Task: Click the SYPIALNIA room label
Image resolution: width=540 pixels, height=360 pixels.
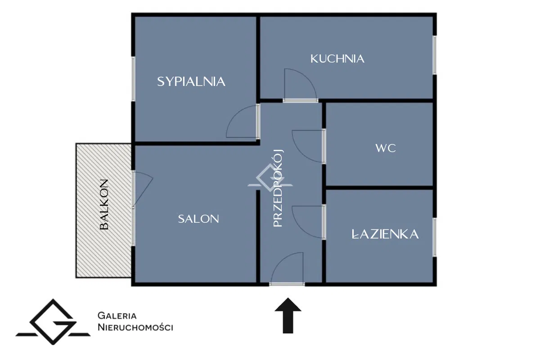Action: pos(191,82)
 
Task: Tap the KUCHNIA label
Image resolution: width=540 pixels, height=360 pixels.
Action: pos(337,59)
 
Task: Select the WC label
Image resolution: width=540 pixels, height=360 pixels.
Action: pos(386,148)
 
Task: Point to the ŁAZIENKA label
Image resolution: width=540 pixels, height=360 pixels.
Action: pos(385,234)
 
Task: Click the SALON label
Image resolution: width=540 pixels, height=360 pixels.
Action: pos(198,219)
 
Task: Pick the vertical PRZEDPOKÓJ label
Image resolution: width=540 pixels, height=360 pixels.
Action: pos(278,188)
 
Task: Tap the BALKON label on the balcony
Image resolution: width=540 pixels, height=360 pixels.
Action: pos(104,204)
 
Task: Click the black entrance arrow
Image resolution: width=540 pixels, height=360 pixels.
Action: pos(288,315)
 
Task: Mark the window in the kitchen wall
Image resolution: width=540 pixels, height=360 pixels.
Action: pos(435,55)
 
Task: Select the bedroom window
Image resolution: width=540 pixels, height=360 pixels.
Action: pos(133,79)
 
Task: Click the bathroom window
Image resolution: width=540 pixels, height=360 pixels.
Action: pos(435,237)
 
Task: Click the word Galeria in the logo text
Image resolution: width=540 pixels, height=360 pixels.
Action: pos(117,315)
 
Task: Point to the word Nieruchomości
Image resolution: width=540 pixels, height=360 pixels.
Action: pos(135,327)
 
